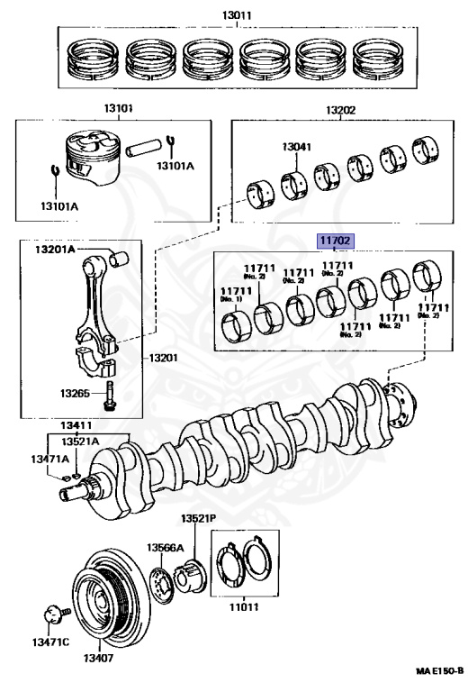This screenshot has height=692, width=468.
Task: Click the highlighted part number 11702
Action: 335,241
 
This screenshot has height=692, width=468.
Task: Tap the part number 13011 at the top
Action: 237,15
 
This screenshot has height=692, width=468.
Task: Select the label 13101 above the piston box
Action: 118,108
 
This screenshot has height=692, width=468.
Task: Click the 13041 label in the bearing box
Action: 296,147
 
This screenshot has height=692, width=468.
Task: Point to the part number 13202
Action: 340,110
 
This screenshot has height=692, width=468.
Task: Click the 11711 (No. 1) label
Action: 236,294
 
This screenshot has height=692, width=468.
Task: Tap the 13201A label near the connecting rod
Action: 55,250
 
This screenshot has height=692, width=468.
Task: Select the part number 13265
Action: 75,392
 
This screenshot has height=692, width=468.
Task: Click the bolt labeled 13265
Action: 108,396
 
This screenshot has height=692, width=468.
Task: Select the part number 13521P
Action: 198,519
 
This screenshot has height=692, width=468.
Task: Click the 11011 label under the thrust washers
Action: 244,606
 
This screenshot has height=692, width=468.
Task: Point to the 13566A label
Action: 165,548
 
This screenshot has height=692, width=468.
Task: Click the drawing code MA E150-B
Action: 439,670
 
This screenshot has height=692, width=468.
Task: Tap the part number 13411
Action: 76,425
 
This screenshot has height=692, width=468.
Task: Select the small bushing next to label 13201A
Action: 119,259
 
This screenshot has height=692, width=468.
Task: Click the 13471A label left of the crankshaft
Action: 49,459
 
